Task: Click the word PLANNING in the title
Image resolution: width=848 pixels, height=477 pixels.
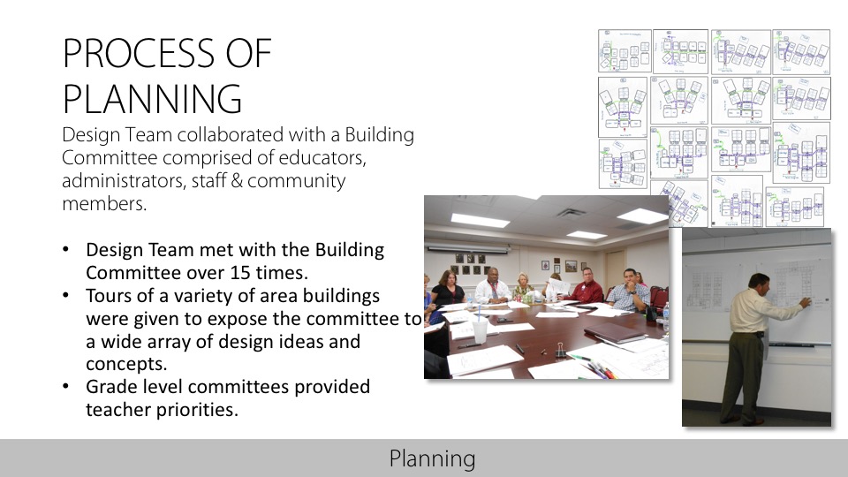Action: pos(152,98)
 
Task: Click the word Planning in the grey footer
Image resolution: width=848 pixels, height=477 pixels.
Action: pos(432,458)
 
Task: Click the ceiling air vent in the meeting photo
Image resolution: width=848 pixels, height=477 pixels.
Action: pos(570,213)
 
